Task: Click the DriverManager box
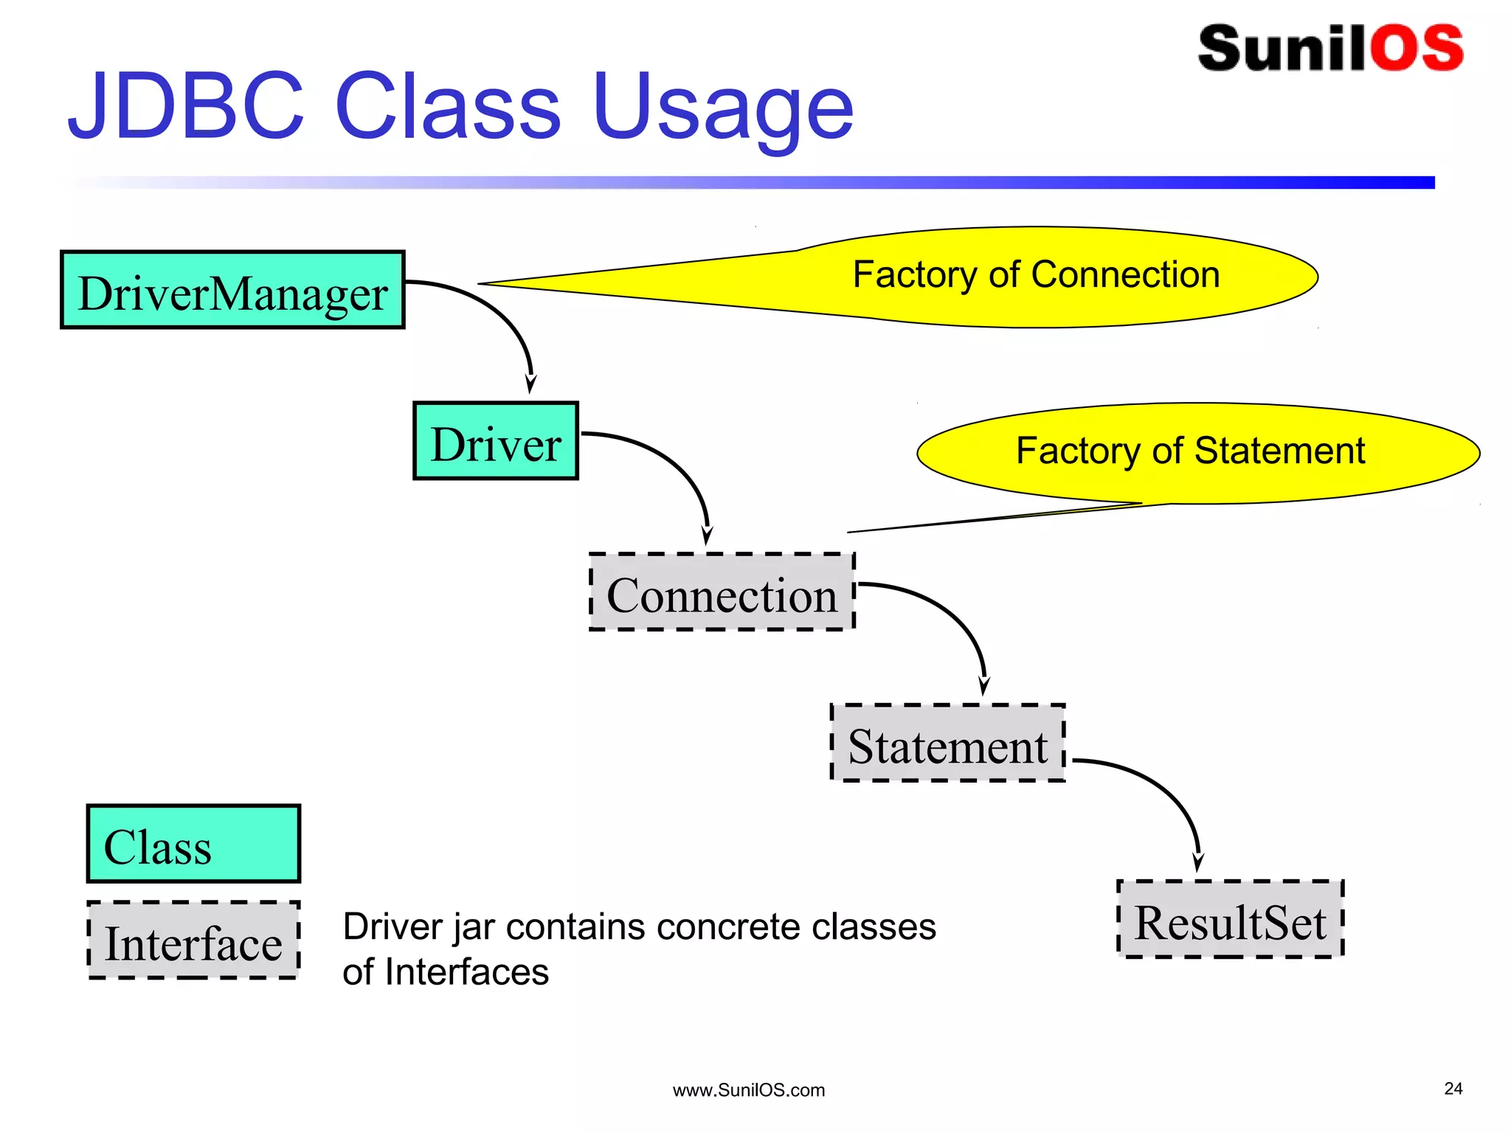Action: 232,290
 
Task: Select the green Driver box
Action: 495,441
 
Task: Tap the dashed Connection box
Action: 722,592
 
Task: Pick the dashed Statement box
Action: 948,743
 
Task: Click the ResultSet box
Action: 1230,919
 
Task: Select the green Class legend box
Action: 193,844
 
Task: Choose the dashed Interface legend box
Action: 193,940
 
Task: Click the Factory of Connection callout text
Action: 1036,274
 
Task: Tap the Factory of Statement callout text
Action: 1190,451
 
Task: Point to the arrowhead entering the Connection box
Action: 707,536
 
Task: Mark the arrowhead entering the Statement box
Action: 983,687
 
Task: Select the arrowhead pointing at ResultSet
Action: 1198,863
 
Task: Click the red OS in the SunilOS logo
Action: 1417,49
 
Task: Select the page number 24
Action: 1453,1089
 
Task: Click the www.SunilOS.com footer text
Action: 748,1090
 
